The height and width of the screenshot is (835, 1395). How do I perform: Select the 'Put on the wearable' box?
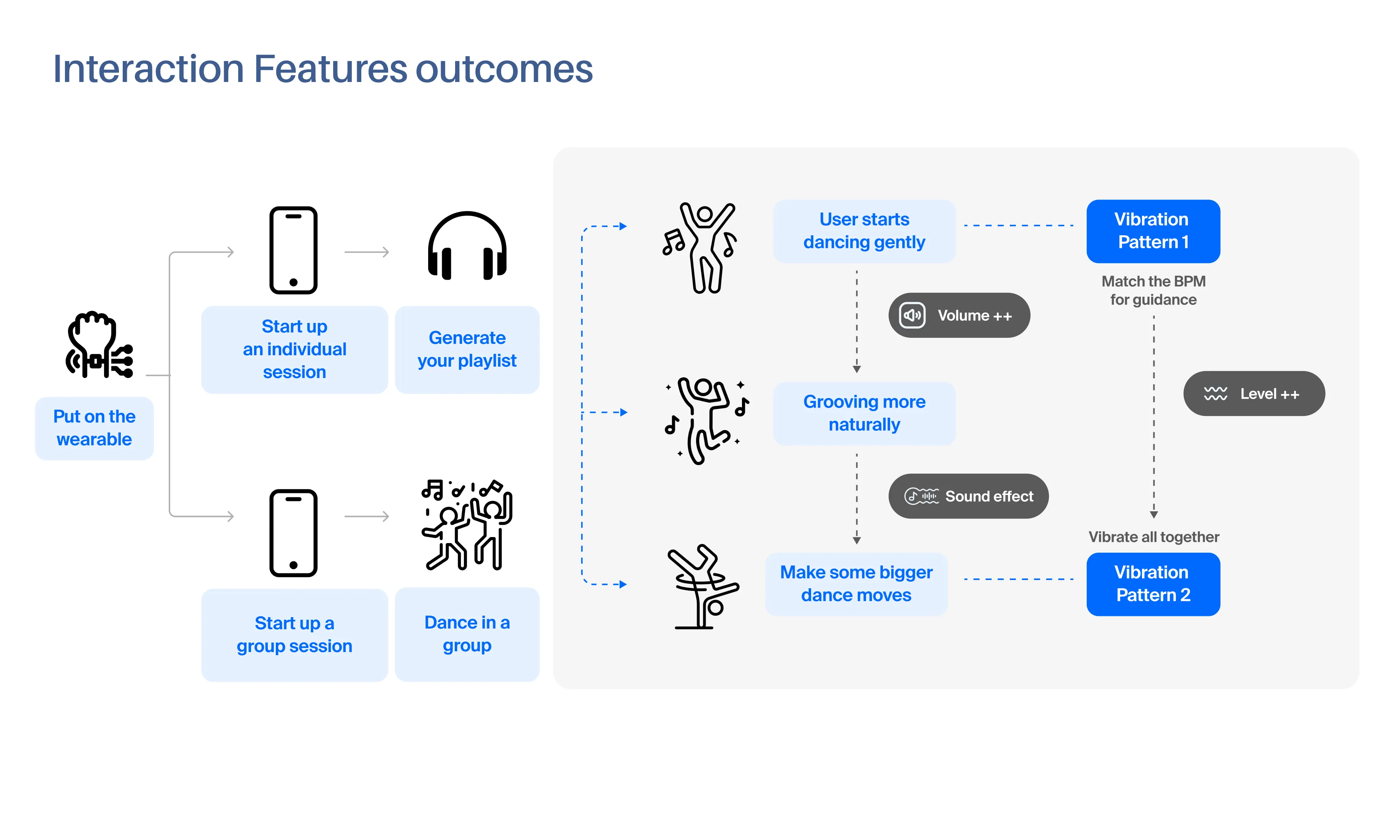94,428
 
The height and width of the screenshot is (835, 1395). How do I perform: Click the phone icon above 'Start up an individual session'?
293,250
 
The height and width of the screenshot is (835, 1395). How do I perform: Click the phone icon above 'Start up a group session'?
293,533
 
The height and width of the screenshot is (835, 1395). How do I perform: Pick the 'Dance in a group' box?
467,634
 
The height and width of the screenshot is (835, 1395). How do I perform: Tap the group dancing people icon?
467,525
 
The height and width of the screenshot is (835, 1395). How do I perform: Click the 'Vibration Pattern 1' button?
1153,231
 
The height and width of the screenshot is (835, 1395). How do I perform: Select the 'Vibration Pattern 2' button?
1153,584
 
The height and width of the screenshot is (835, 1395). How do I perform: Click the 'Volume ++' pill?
959,315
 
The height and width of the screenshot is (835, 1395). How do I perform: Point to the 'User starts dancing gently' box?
864,231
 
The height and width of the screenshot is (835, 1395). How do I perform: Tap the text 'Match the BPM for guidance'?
1153,290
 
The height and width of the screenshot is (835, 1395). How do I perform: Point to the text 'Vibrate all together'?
1153,537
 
